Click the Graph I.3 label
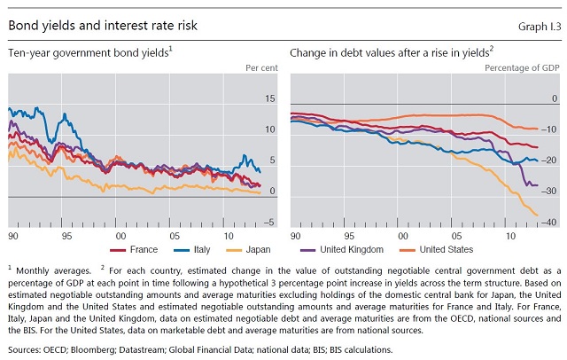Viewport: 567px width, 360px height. click(534, 26)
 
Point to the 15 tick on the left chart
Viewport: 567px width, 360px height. click(271, 98)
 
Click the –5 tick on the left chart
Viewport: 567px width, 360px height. click(270, 223)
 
